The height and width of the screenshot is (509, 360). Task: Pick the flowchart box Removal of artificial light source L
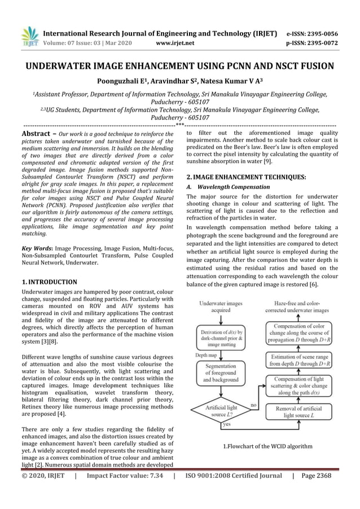point(298,411)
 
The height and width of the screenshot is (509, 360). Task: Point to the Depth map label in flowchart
point(205,356)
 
